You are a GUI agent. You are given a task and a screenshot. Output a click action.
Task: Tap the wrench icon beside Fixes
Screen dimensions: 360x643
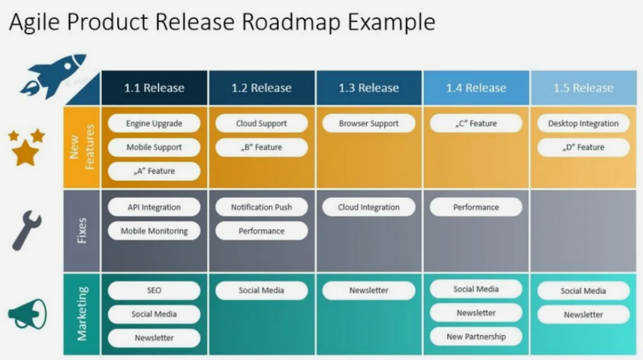[x=26, y=230]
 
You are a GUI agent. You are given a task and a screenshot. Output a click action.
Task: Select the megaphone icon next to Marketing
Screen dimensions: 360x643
[x=27, y=314]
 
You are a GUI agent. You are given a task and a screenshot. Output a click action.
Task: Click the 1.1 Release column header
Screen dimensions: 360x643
[x=154, y=88]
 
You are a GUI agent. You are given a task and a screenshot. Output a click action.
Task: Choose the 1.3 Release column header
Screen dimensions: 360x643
[x=368, y=88]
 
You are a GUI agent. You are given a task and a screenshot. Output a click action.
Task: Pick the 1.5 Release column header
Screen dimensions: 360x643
[x=583, y=88]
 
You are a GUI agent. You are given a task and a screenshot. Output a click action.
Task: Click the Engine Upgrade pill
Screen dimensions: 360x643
[x=154, y=123]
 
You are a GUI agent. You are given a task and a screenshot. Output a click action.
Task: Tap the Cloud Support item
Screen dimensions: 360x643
[x=261, y=123]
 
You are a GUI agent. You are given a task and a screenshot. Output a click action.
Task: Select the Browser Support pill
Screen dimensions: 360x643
[x=368, y=123]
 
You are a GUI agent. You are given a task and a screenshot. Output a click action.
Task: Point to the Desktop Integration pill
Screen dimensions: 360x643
[x=583, y=123]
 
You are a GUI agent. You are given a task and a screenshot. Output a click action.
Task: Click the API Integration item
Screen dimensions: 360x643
[x=154, y=207]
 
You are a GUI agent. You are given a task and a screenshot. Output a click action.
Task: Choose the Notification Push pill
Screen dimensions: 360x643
[x=261, y=207]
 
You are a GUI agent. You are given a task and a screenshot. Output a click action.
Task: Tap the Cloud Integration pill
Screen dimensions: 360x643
[x=368, y=207]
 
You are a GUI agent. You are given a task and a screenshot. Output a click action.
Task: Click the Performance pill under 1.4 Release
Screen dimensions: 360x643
[x=476, y=207]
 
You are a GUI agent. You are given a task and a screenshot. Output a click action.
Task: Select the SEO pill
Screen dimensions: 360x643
[x=154, y=290]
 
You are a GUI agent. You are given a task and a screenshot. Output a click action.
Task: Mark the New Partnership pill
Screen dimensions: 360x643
[x=476, y=337]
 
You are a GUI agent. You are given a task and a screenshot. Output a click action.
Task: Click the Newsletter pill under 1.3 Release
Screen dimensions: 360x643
[x=368, y=290]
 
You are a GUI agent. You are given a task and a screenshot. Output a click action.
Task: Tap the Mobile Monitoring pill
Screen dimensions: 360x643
[x=154, y=231]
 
